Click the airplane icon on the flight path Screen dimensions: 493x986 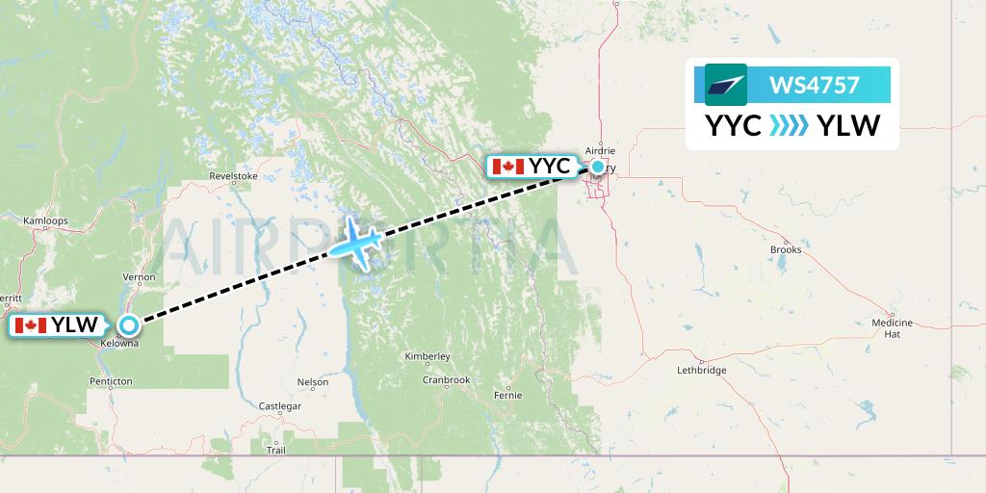click(x=357, y=242)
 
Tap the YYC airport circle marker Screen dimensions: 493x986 click(x=598, y=167)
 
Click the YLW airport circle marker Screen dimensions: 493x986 click(x=128, y=325)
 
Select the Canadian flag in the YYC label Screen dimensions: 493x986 click(x=507, y=167)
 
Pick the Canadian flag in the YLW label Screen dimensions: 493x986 click(x=31, y=325)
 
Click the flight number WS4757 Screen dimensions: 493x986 click(x=814, y=85)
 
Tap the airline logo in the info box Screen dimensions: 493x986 click(x=726, y=85)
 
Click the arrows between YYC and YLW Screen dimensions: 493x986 click(x=789, y=125)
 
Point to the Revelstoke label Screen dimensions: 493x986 click(x=234, y=176)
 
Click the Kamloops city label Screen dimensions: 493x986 click(x=45, y=221)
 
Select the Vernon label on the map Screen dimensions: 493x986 click(x=140, y=276)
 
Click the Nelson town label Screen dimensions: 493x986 click(x=313, y=381)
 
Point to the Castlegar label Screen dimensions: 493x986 click(x=280, y=406)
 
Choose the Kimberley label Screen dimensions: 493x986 click(x=427, y=356)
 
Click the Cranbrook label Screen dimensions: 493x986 click(x=446, y=379)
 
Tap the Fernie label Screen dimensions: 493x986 click(x=506, y=395)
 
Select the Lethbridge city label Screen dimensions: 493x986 click(x=701, y=370)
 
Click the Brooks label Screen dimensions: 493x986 click(x=786, y=249)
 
